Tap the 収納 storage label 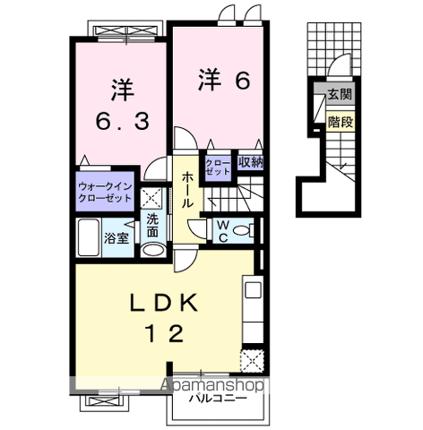pos(251,163)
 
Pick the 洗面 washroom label pos(152,225)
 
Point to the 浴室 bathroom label pos(117,238)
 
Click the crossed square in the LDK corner pos(251,362)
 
